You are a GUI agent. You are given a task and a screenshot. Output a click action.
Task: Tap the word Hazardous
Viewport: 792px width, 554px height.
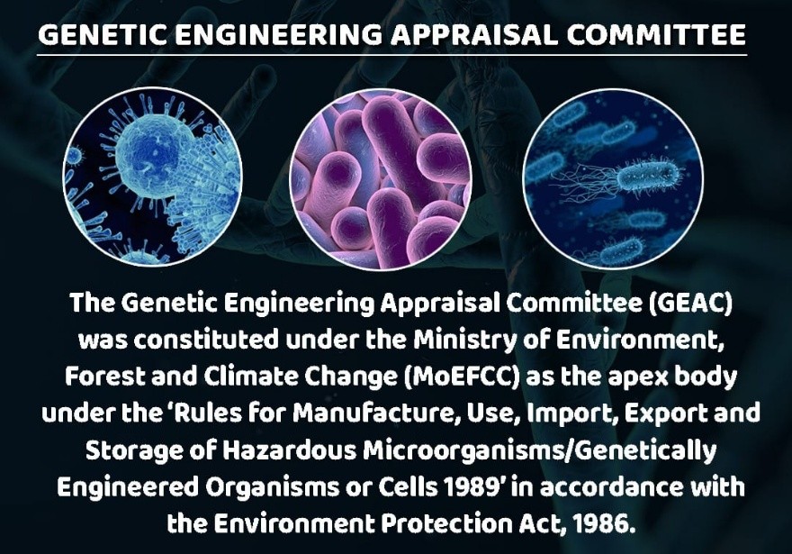pos(290,450)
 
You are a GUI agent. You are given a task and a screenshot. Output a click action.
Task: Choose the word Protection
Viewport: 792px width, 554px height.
pos(446,523)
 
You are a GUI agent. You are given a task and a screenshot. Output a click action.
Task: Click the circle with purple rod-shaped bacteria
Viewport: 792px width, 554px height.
pos(381,179)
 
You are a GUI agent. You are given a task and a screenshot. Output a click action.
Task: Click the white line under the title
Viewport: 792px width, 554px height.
pos(392,55)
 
